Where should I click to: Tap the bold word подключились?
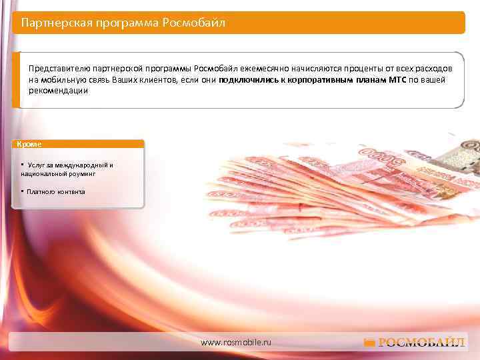coord(246,80)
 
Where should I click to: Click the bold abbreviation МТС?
coord(397,80)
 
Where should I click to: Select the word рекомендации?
coord(58,91)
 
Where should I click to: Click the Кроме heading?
coord(29,144)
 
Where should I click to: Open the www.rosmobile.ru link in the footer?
coord(237,341)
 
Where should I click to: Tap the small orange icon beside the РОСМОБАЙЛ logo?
coord(369,343)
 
